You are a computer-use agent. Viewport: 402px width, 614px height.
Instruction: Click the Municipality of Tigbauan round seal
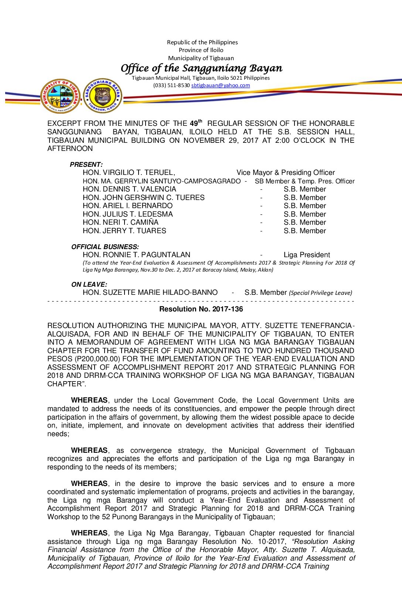(60, 96)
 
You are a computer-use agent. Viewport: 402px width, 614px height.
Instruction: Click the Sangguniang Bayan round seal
(102, 96)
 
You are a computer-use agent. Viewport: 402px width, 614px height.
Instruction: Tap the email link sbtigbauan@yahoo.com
(221, 86)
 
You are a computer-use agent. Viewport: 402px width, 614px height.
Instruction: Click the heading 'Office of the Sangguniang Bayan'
(201, 68)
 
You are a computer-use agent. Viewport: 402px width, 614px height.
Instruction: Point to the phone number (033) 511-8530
(171, 86)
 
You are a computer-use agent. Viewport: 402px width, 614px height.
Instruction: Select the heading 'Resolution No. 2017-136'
(201, 309)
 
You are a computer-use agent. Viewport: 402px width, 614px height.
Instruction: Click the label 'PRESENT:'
(86, 165)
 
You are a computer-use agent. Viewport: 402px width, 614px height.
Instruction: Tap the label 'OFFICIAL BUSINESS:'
(105, 247)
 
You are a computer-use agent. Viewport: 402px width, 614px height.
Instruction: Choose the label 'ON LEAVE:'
(89, 284)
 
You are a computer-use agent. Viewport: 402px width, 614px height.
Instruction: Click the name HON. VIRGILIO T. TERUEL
(129, 173)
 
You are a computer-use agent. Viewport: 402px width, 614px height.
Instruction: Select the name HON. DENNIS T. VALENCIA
(129, 189)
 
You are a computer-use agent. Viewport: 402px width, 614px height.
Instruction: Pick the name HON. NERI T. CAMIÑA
(120, 223)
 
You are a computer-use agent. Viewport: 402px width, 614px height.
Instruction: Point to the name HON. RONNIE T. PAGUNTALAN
(136, 255)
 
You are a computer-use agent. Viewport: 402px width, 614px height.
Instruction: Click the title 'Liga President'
(307, 255)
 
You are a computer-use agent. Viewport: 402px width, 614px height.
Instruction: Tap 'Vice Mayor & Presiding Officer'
(286, 173)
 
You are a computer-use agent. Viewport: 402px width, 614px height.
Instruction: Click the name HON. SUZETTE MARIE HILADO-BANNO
(150, 293)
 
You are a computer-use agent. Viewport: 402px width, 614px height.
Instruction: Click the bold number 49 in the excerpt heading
(194, 124)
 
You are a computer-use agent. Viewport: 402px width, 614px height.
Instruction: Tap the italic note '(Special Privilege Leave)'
(320, 293)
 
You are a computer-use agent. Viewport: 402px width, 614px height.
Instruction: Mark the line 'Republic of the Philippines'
(202, 42)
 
